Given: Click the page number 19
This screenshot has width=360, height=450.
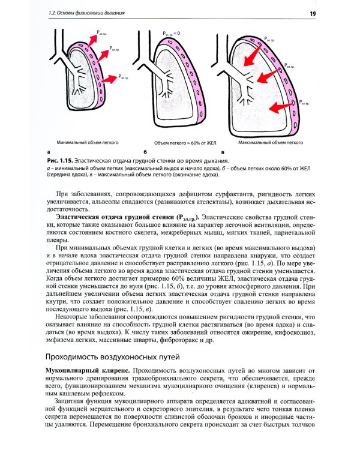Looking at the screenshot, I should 313,13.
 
